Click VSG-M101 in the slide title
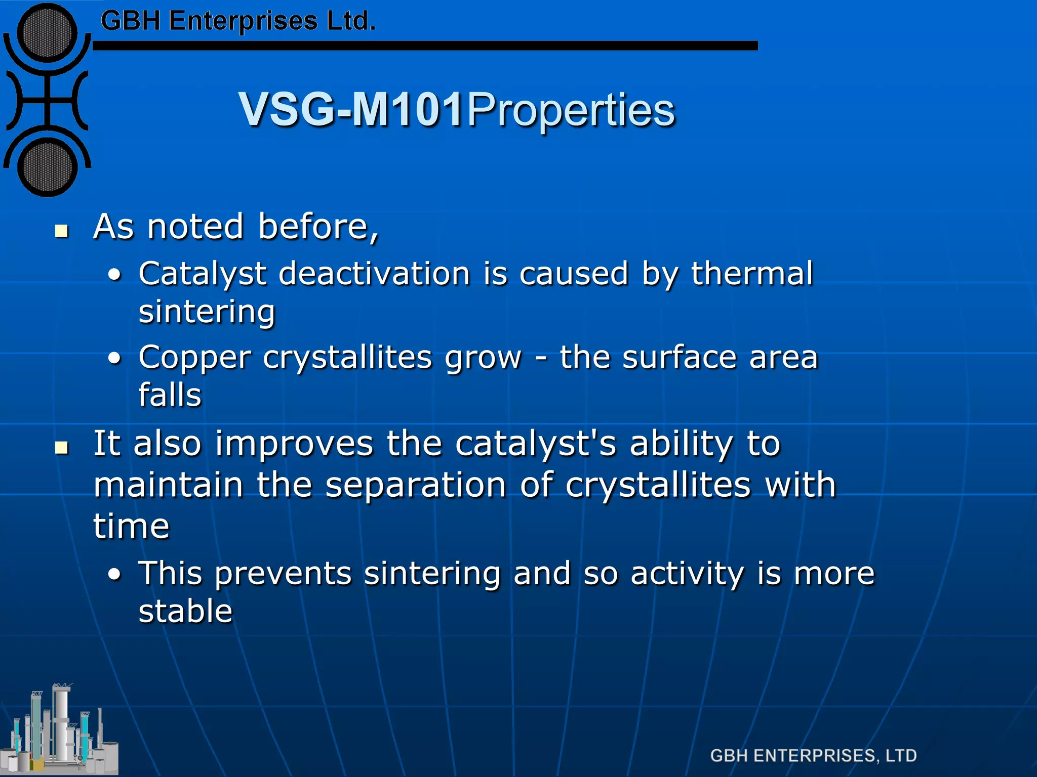coord(351,109)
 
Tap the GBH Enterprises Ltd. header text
coord(238,21)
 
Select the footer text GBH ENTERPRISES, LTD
coord(813,756)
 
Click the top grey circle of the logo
coord(47,33)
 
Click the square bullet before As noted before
coord(62,231)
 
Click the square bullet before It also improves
coord(62,448)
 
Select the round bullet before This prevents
coord(115,575)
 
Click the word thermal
coord(752,274)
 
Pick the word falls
coord(170,395)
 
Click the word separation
coord(416,485)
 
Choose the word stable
coord(185,611)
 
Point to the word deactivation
coord(375,274)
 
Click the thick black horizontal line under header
coord(425,46)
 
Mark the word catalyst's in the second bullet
coord(536,444)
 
